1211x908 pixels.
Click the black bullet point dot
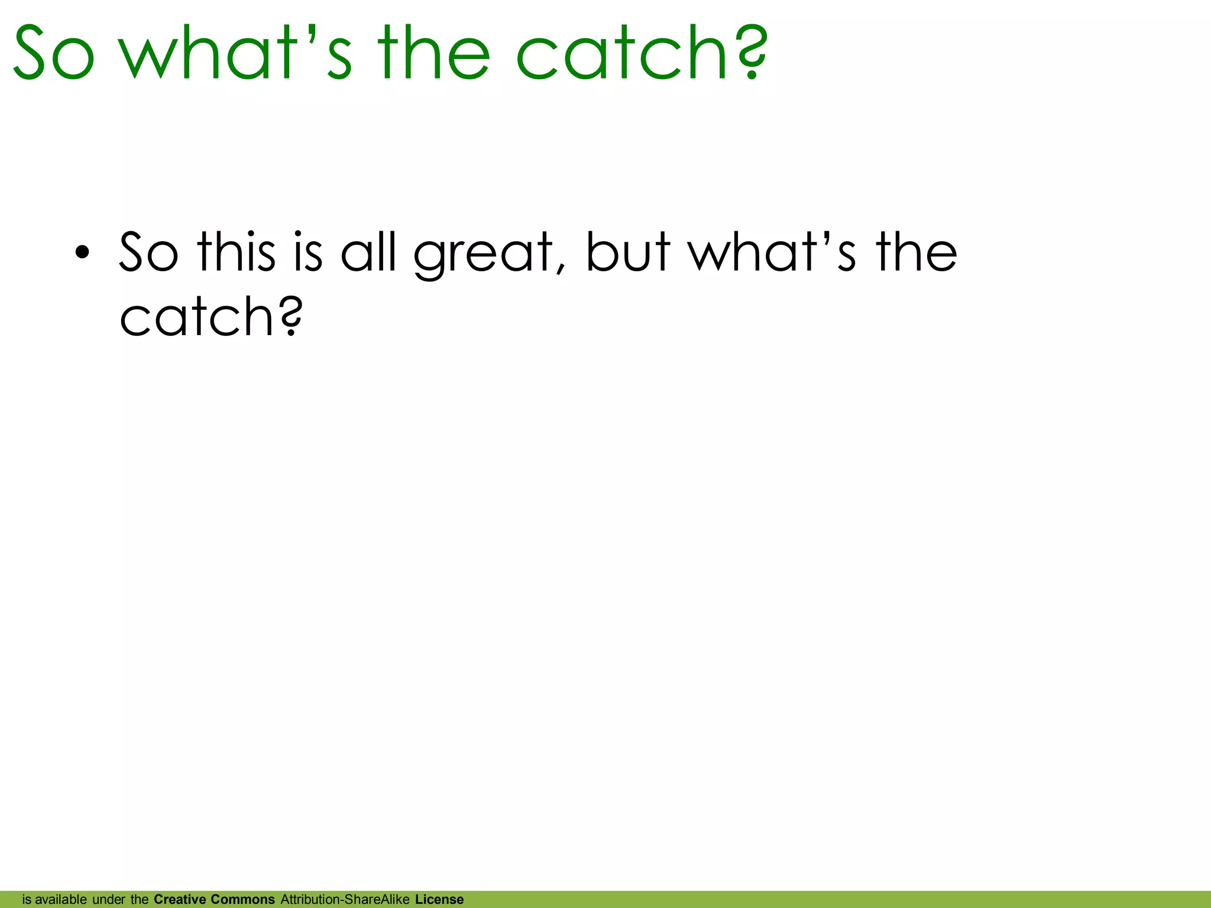click(82, 253)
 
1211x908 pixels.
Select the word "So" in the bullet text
click(148, 253)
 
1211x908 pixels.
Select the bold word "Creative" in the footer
click(179, 899)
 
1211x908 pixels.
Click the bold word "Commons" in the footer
click(242, 899)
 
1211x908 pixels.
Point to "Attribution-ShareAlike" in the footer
click(345, 899)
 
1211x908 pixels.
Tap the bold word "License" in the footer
click(439, 899)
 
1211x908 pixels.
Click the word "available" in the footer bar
click(60, 899)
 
